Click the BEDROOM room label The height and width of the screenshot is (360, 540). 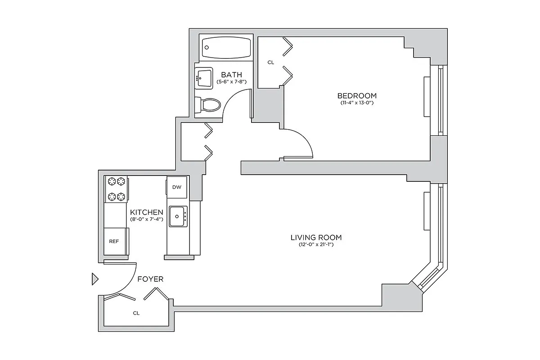pos(357,95)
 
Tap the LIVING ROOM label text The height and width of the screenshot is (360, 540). pos(316,238)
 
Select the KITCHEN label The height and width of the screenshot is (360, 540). pos(146,212)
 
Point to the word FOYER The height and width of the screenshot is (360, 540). pos(150,279)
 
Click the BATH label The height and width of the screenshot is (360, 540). pos(231,75)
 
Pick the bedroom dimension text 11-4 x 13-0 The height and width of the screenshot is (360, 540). pos(357,103)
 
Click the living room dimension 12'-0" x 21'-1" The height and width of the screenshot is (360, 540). pos(316,245)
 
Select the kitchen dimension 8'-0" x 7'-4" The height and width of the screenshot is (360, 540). pos(146,219)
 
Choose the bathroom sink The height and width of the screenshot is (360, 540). pos(204,78)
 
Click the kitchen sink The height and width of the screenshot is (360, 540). pos(178,217)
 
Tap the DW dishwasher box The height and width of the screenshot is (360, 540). pos(177,187)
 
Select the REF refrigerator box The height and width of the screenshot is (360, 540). pos(114,241)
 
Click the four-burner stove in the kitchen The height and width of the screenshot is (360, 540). pos(116,189)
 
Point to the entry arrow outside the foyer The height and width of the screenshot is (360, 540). pos(94,279)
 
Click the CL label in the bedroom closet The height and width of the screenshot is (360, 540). pos(270,63)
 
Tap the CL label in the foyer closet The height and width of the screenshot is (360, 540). pos(136,313)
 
